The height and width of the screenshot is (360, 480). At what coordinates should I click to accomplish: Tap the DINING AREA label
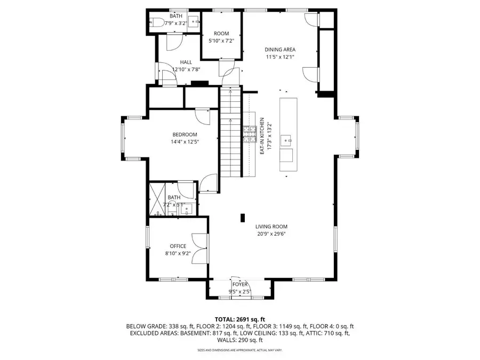tap(280, 50)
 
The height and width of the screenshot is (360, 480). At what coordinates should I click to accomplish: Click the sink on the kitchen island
tap(287, 141)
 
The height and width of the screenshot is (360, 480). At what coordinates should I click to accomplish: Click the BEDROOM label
tap(185, 134)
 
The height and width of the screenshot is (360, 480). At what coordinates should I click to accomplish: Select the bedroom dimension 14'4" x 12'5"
tap(185, 142)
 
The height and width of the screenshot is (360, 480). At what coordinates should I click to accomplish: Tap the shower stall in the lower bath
tap(157, 198)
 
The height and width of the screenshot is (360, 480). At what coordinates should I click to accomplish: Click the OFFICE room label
tap(178, 246)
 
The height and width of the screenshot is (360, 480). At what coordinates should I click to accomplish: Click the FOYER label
tap(240, 284)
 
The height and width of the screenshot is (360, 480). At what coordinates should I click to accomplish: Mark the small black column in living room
tap(243, 218)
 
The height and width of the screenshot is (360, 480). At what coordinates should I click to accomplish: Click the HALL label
tap(186, 62)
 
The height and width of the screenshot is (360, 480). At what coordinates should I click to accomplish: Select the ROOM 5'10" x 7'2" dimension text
tap(221, 41)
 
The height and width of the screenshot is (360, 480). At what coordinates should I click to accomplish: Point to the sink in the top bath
tap(194, 22)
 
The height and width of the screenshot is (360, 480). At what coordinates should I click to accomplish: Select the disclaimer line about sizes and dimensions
tap(239, 350)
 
